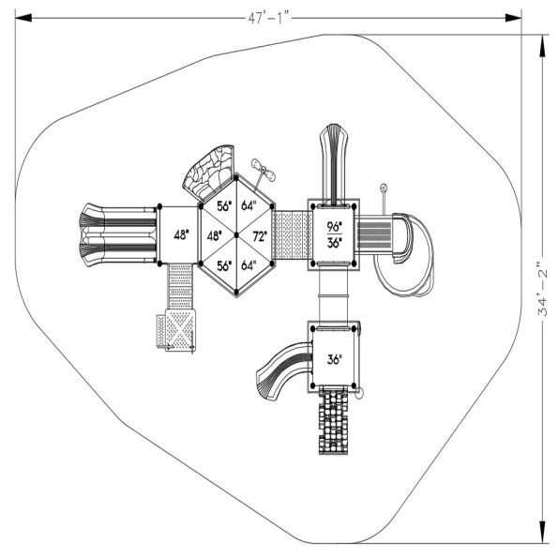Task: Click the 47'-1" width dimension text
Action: click(269, 18)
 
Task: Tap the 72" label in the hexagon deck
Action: click(260, 236)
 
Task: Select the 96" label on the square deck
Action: click(334, 226)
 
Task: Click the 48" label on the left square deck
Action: click(181, 234)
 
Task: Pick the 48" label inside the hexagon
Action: click(215, 236)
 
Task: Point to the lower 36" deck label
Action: click(334, 359)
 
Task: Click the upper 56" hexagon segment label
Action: click(224, 206)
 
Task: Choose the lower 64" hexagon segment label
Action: click(249, 265)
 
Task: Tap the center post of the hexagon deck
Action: click(236, 235)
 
